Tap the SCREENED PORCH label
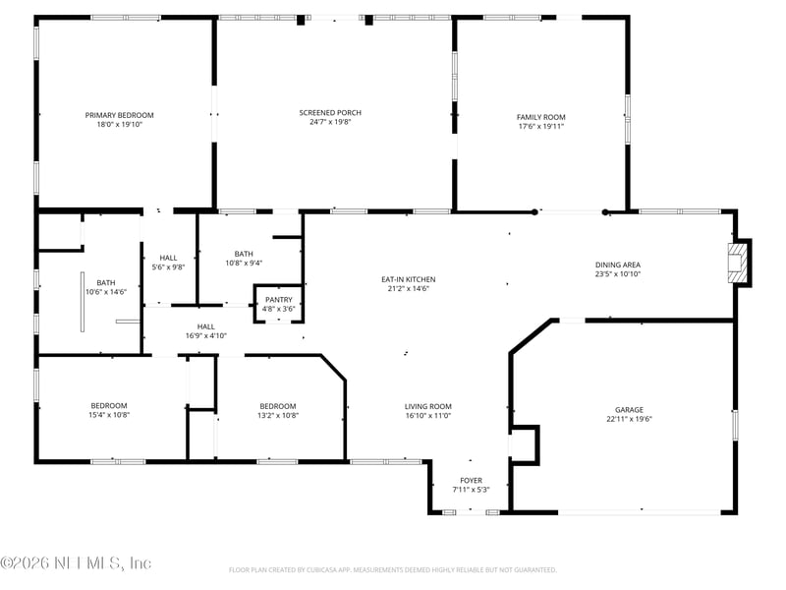click(330, 113)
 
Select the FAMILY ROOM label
click(541, 117)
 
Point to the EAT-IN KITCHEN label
click(408, 279)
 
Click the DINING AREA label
click(618, 265)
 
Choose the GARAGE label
click(629, 409)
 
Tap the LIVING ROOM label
click(428, 406)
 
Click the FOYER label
click(471, 480)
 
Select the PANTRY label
click(278, 300)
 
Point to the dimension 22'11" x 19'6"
click(629, 419)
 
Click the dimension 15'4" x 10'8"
click(109, 415)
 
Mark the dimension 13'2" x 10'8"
click(277, 415)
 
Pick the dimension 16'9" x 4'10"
click(205, 335)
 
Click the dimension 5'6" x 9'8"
click(168, 267)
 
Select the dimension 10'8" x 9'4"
click(244, 263)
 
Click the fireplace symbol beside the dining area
click(737, 263)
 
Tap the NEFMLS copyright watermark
click(76, 563)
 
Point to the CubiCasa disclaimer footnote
click(393, 569)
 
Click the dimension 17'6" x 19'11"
click(541, 126)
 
